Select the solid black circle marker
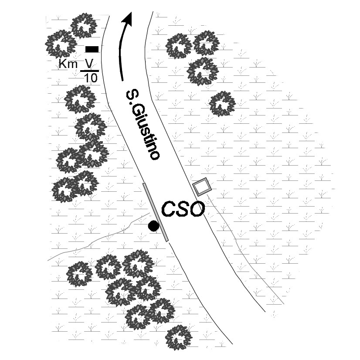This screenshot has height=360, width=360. point(153,226)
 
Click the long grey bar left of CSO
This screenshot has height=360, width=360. point(156,212)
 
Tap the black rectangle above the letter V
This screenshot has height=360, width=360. point(92,49)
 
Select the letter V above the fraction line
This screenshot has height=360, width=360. point(89,64)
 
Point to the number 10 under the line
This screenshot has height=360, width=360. point(91,78)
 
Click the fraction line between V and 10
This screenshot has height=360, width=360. point(90,71)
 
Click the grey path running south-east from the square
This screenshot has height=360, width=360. point(244,253)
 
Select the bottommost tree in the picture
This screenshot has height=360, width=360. point(179,338)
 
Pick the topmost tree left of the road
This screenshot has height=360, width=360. point(84,25)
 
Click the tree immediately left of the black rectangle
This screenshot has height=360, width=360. point(61,44)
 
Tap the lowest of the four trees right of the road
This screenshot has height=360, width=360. point(222,104)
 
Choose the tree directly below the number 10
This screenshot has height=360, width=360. point(80,99)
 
